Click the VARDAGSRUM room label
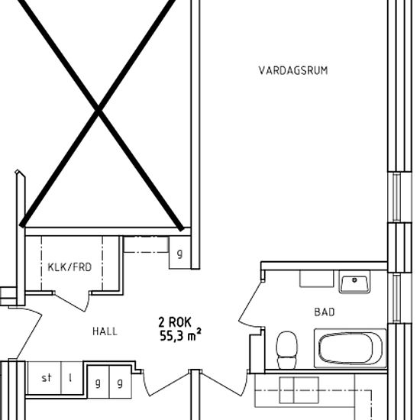293,70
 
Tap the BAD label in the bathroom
325,312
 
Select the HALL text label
105,331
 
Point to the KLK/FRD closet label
69,267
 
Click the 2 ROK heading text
175,322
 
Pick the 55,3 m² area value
180,336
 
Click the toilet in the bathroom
286,350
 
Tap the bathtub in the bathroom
351,348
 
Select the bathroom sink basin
354,282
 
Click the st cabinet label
47,378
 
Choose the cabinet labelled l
72,378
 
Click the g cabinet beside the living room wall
179,253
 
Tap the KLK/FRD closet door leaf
70,302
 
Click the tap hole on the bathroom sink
354,280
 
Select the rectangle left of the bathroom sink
317,279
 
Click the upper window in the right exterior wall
396,197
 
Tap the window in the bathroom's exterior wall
396,298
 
